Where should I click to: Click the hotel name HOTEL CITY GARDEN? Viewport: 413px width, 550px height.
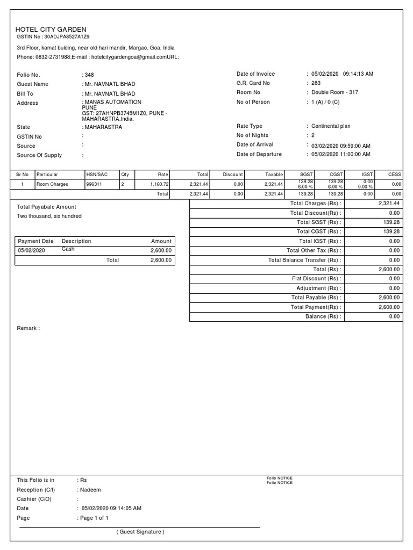pos(51,30)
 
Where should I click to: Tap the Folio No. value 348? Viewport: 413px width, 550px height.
pos(89,75)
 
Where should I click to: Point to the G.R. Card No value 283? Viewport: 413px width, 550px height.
pos(316,83)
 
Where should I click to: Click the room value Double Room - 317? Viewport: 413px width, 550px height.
pos(334,92)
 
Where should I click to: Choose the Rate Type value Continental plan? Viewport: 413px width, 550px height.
pos(331,126)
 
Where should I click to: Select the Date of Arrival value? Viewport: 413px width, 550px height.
pos(340,146)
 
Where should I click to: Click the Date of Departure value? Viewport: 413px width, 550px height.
pos(340,154)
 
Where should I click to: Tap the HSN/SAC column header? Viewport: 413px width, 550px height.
pos(97,175)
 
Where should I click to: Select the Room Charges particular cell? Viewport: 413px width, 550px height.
pos(52,184)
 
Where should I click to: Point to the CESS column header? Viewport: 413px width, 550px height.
pos(395,175)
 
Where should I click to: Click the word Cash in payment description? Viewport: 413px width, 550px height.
pos(68,249)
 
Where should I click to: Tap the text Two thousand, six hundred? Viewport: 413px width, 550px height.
pos(49,216)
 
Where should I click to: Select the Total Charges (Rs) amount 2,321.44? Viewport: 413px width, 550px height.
pos(389,204)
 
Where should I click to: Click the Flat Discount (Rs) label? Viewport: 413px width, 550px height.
pos(316,279)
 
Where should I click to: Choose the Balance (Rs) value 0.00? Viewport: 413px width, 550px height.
pos(394,316)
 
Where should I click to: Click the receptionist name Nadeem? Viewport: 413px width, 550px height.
pos(91,490)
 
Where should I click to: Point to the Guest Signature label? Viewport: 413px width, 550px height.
pos(140,532)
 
